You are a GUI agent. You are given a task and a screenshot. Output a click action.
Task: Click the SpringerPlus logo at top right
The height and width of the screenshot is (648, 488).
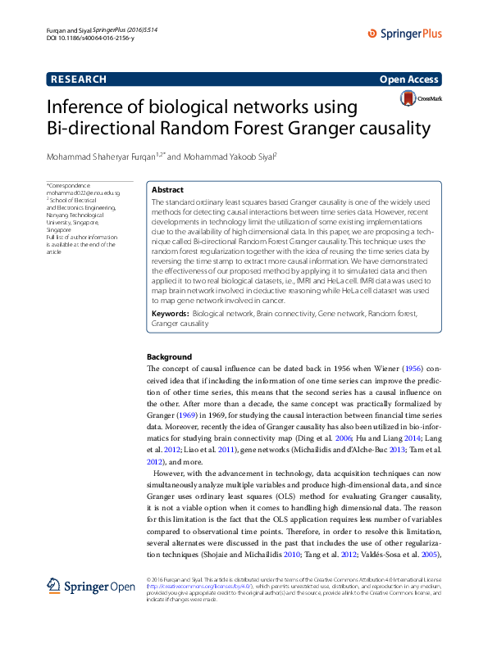[404, 34]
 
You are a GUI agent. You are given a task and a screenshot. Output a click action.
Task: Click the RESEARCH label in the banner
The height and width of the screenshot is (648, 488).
[79, 79]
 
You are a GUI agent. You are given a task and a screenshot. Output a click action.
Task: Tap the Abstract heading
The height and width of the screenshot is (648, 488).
[168, 189]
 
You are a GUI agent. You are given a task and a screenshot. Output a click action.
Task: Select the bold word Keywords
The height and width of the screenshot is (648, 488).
[171, 313]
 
